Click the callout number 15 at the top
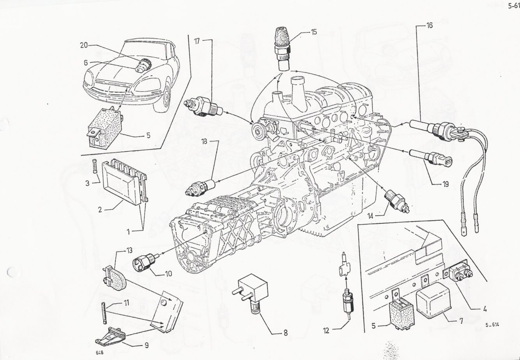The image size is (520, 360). coord(314,32)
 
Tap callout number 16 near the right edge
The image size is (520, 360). coord(429,26)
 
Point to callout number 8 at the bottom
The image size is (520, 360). coord(285,334)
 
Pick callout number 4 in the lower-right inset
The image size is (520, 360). coord(485,310)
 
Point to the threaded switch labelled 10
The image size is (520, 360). coord(145,262)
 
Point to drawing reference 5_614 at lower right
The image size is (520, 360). coord(493,325)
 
